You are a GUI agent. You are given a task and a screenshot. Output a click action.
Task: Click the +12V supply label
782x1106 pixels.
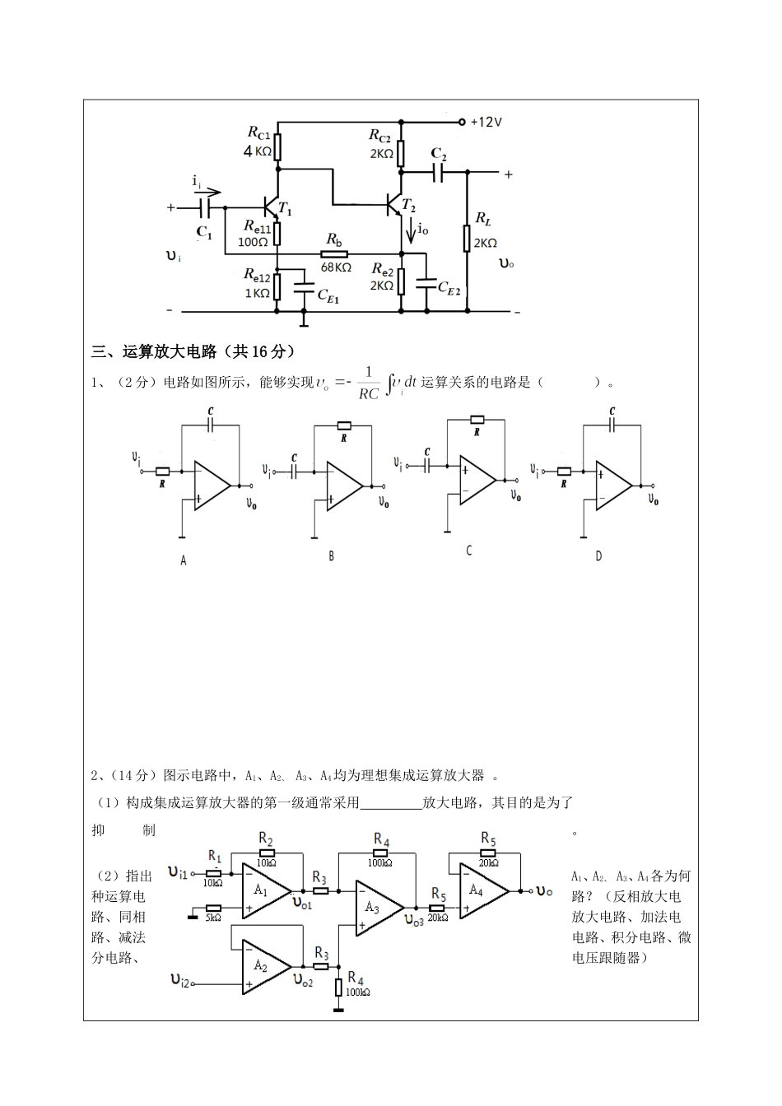pos(486,122)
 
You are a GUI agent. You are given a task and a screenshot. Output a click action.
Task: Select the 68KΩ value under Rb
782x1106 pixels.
pos(336,267)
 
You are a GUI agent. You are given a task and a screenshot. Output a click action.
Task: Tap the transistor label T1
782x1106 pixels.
pos(285,209)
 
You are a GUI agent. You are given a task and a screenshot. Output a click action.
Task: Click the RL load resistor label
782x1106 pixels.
pos(483,220)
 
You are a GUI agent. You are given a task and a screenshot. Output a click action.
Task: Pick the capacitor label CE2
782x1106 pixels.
pos(449,287)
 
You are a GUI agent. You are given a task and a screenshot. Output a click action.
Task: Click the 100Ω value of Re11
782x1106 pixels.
pos(254,242)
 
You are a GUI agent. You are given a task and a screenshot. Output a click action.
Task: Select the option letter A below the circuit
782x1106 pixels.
pos(184,560)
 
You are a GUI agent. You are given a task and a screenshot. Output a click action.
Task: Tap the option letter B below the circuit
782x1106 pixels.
pos(331,556)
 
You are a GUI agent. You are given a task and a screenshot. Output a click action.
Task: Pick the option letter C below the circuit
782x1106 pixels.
pos(468,551)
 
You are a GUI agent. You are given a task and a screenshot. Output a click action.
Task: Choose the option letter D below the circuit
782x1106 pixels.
pos(598,556)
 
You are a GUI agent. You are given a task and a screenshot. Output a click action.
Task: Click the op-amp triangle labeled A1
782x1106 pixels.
pos(263,890)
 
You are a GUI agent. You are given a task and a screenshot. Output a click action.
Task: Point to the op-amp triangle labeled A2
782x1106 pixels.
pos(263,966)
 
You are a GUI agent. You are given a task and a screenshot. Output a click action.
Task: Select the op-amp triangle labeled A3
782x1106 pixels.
pos(375,908)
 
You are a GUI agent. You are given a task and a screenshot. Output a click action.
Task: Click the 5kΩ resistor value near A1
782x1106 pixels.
pos(213,917)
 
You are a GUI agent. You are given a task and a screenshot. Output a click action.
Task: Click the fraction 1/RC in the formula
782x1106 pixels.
pos(368,383)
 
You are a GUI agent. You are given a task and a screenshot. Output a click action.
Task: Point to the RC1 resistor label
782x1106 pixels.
pos(258,132)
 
